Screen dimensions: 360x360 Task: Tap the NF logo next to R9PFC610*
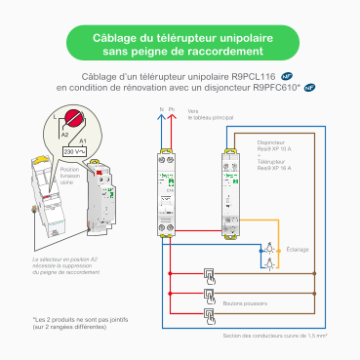pos(309,87)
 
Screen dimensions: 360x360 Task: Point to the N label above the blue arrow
pos(160,110)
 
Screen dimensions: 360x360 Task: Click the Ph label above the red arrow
pos(172,110)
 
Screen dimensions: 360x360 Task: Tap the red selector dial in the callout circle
pos(74,124)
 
